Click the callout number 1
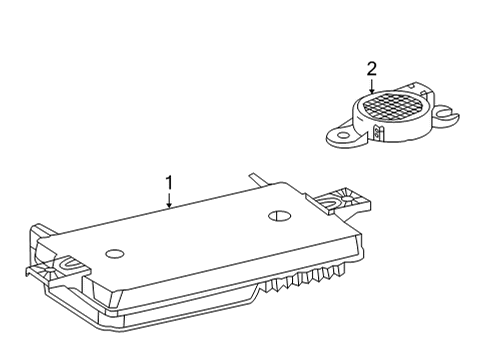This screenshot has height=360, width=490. [x=169, y=183]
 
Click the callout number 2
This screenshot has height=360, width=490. [x=372, y=68]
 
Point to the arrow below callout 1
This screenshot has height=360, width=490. [x=169, y=200]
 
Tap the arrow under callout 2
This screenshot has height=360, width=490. [x=372, y=85]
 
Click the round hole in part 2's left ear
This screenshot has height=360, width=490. [x=342, y=136]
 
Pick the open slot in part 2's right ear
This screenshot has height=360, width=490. [x=445, y=113]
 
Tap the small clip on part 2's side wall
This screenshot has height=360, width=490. [x=377, y=132]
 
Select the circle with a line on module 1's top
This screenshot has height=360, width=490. [x=279, y=216]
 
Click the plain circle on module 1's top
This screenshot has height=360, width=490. [x=115, y=254]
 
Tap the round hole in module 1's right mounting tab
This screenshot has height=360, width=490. [x=347, y=199]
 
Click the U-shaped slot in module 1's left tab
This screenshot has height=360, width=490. [x=71, y=263]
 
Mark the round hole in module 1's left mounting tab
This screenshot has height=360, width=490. [x=50, y=269]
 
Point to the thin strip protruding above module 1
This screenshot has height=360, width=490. [x=260, y=179]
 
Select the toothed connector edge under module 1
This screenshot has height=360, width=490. [x=303, y=277]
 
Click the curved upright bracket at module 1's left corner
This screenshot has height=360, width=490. [x=35, y=242]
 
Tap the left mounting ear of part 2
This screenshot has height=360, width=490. [x=343, y=136]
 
